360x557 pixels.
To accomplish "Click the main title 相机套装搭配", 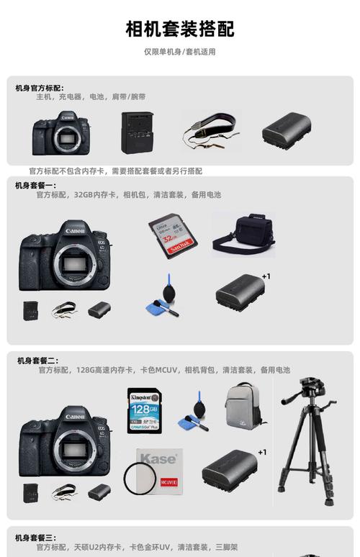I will tap(180, 30).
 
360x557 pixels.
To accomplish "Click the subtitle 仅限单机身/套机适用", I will tap(180, 52).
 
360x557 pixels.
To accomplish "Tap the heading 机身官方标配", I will tap(40, 88).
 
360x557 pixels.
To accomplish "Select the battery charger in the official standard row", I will tap(137, 132).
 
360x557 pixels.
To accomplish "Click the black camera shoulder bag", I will tap(243, 233).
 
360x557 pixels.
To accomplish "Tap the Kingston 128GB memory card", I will tap(143, 410).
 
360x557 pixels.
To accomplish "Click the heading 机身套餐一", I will tap(35, 186).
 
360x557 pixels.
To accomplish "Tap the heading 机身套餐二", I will tap(38, 361).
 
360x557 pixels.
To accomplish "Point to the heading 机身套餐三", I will tap(35, 538).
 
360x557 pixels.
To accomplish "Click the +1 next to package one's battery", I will tap(266, 276).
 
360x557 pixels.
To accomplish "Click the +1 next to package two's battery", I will tap(262, 452).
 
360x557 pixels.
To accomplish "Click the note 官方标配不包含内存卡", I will tap(115, 171).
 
